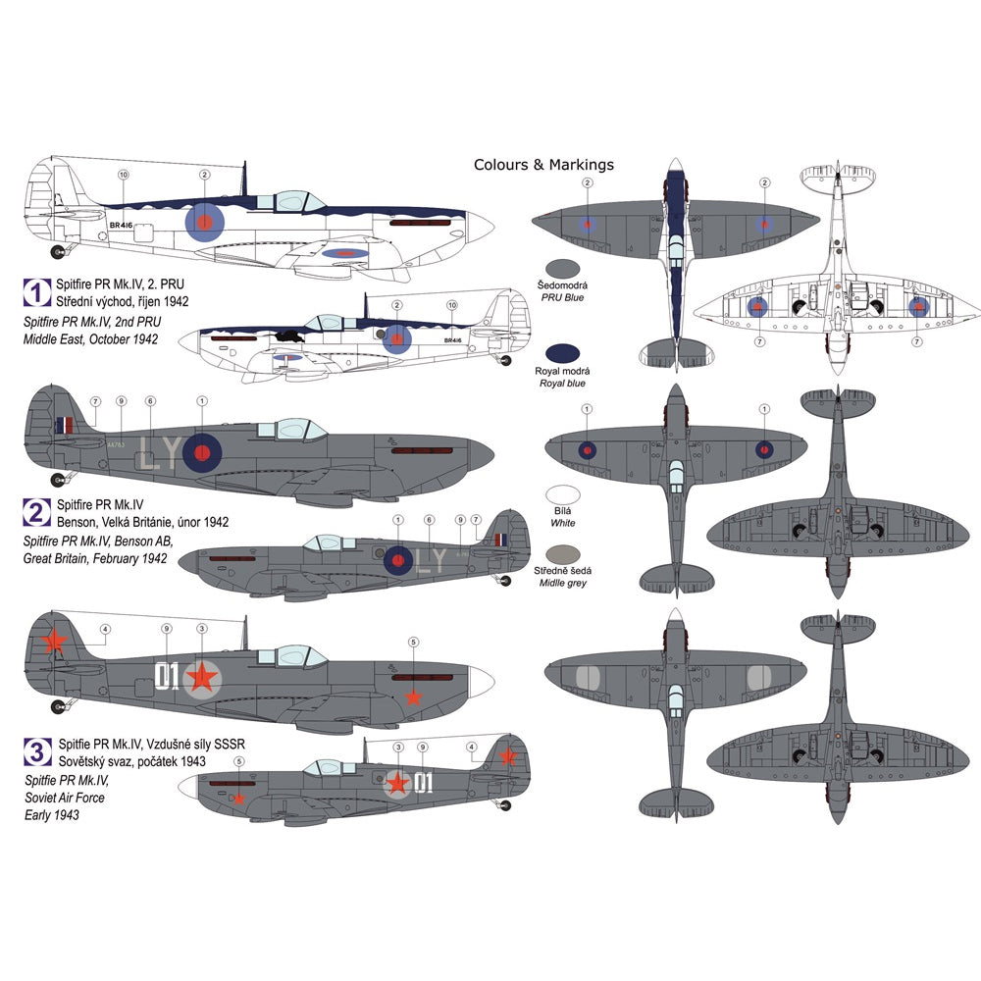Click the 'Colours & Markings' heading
tap(543, 165)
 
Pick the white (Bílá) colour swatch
tap(566, 498)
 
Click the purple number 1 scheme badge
tap(36, 291)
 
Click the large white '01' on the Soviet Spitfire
tap(168, 676)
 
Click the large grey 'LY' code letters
tap(157, 453)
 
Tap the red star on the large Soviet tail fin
tap(55, 642)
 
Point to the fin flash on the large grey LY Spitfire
tap(65, 426)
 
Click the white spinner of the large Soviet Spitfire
tap(479, 681)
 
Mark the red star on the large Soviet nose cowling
tap(414, 696)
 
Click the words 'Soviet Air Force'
tap(64, 798)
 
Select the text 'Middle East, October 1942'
tap(91, 339)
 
